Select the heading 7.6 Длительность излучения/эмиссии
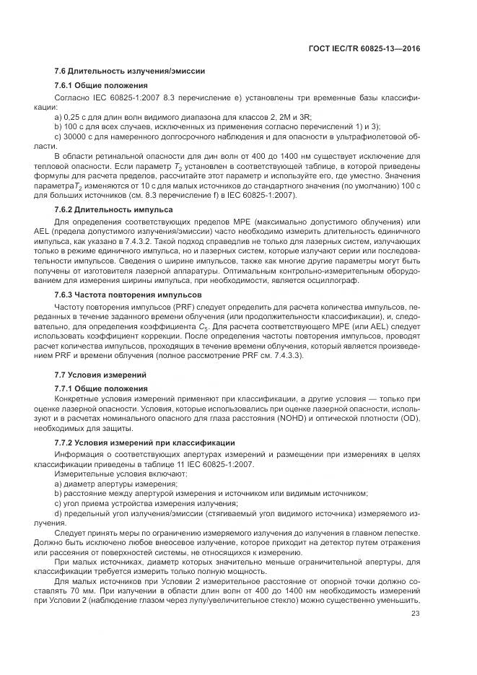(130, 71)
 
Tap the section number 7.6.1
(66, 86)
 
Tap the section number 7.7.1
(66, 389)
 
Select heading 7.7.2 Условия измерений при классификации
(144, 442)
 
